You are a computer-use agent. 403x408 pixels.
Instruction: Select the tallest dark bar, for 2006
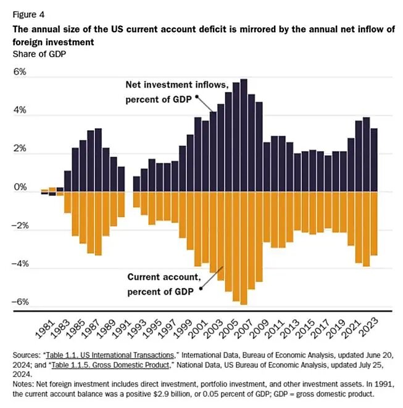[243, 136]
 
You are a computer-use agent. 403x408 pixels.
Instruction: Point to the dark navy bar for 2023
[373, 160]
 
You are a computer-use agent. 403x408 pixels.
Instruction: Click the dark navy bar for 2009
[266, 167]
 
